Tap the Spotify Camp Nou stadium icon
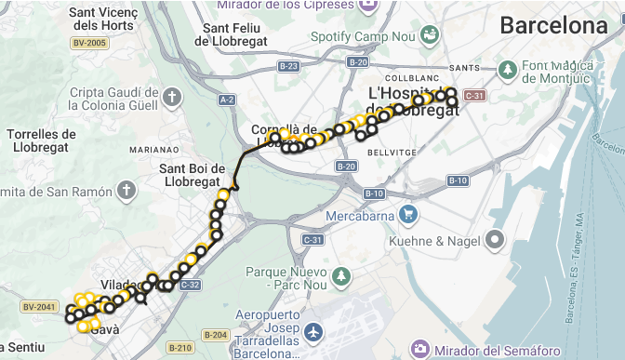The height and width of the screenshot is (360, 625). [x=430, y=35]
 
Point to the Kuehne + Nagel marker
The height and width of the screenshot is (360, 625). [x=495, y=241]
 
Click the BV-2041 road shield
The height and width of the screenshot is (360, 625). [x=37, y=306]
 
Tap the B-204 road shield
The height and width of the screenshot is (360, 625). [x=215, y=334]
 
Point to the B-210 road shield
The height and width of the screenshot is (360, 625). [x=180, y=349]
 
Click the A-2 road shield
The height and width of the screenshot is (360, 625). [x=226, y=99]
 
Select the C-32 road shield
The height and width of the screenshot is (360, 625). [x=189, y=284]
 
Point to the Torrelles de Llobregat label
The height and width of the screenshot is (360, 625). [x=40, y=140]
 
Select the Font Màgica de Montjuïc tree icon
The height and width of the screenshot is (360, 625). [x=508, y=70]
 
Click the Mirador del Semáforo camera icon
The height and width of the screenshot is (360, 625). [x=420, y=349]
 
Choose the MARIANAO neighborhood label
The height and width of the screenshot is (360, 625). [x=153, y=149]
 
